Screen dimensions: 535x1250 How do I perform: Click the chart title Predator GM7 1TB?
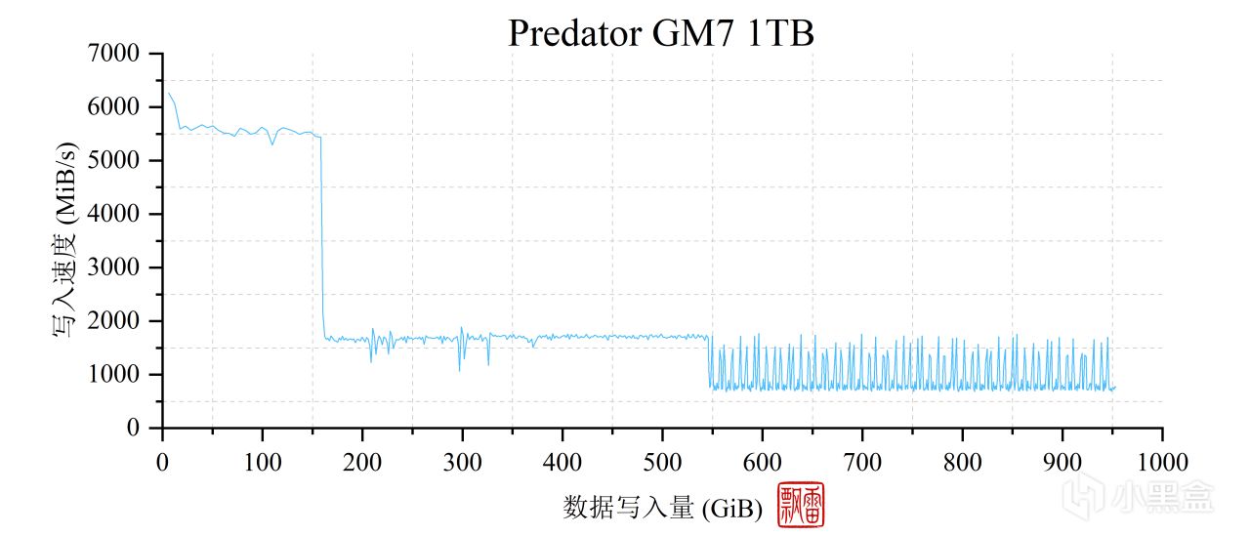click(660, 32)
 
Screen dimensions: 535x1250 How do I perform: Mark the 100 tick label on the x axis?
click(262, 461)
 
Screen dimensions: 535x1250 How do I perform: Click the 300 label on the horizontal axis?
click(462, 461)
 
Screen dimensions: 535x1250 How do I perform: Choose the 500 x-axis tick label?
click(662, 461)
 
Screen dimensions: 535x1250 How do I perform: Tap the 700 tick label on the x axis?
click(862, 461)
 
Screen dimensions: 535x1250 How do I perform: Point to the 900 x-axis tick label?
click(1062, 461)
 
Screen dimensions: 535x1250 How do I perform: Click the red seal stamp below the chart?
click(801, 505)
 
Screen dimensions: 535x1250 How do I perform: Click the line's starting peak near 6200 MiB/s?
click(169, 94)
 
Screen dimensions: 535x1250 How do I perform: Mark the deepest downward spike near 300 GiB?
click(460, 369)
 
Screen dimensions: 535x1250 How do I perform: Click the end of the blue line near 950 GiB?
click(1114, 388)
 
